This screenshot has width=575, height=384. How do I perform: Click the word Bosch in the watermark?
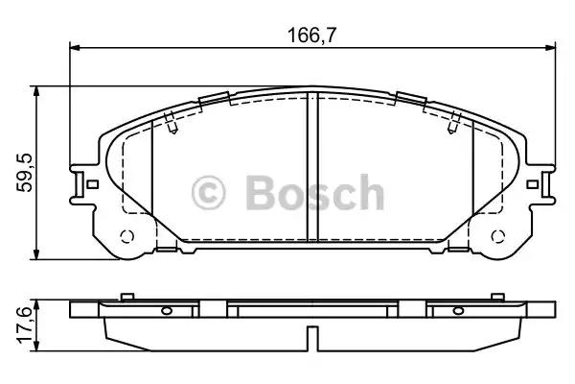point(314,194)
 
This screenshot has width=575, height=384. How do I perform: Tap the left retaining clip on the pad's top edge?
point(215,98)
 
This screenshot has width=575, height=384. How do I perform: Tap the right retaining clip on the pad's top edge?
point(412,98)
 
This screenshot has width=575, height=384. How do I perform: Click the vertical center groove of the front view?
point(312,168)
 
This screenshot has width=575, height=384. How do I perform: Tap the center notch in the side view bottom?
point(311,337)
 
